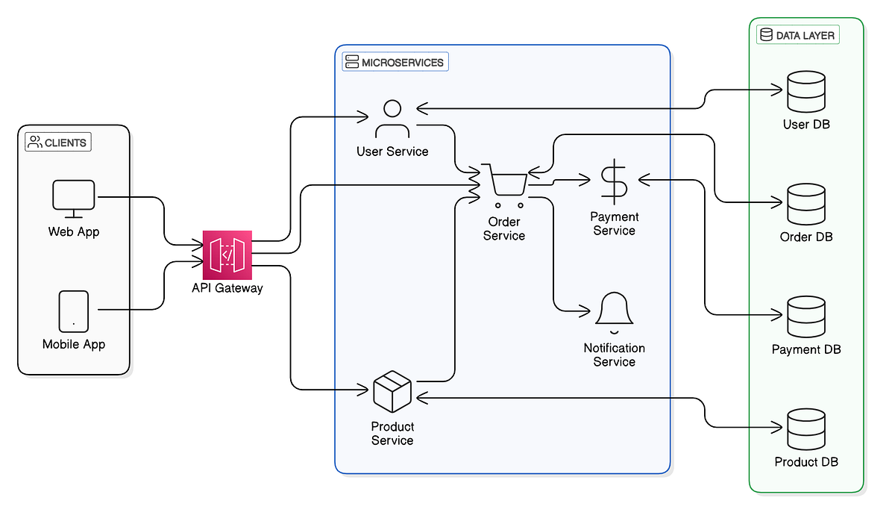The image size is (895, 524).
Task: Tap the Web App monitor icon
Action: (x=74, y=199)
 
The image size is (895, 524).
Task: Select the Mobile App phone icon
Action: (x=73, y=311)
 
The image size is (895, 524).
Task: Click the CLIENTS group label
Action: (x=58, y=143)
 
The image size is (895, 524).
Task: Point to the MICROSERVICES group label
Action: (x=395, y=62)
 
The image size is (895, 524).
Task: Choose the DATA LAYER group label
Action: (x=798, y=35)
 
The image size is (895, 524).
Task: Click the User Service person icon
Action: (x=392, y=119)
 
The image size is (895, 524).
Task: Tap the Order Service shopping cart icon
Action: (x=505, y=184)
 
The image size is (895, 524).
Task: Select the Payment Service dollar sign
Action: (x=614, y=181)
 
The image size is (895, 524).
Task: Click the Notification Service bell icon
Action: (x=615, y=310)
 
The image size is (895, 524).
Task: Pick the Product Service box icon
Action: (x=392, y=393)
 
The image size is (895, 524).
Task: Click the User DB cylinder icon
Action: (x=806, y=92)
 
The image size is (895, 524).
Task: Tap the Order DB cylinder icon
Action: (x=806, y=204)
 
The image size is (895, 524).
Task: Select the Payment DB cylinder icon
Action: (x=806, y=316)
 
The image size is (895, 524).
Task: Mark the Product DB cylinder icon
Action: (x=806, y=429)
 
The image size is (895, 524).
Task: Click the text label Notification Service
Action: (x=615, y=355)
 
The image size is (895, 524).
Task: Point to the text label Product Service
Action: (x=392, y=434)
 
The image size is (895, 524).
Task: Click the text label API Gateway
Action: (x=227, y=287)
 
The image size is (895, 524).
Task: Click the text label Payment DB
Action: (x=806, y=349)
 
